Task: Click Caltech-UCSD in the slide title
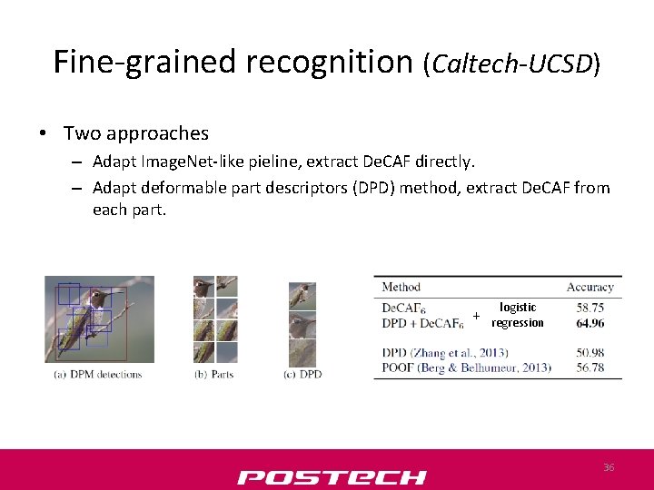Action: point(511,64)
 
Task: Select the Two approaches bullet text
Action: point(135,133)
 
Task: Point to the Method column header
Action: point(401,288)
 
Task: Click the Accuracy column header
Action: point(590,288)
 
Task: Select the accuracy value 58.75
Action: point(590,308)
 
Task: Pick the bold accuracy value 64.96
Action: point(590,322)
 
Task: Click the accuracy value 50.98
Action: point(590,352)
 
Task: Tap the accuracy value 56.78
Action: point(590,367)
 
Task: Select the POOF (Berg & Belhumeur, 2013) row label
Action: point(466,367)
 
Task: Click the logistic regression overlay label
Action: point(518,315)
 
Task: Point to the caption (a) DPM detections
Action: point(98,374)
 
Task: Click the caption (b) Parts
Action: point(213,374)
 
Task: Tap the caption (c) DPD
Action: point(302,374)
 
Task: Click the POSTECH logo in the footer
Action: point(332,477)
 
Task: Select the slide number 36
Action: point(609,466)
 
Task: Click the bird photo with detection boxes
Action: point(99,318)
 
